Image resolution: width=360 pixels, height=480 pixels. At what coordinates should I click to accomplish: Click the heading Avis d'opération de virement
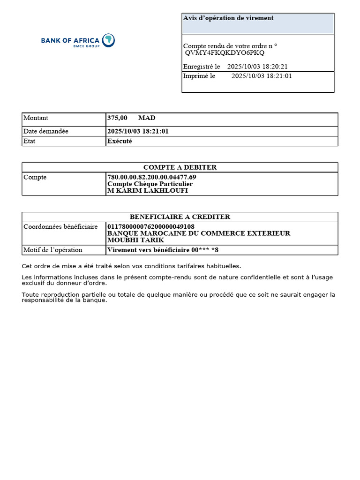click(x=228, y=18)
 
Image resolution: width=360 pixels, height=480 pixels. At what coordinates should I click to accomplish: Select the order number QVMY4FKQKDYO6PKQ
click(x=225, y=53)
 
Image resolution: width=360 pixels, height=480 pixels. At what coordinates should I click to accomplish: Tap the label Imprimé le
click(x=199, y=76)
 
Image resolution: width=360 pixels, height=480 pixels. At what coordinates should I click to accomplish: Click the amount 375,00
click(x=117, y=118)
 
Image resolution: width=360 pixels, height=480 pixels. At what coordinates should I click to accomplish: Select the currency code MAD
click(x=147, y=118)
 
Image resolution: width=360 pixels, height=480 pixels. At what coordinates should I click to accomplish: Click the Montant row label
click(x=36, y=118)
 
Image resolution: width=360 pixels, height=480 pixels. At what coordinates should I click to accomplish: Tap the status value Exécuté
click(x=120, y=141)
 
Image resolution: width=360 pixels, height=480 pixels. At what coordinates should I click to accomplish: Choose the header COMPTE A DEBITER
click(x=180, y=167)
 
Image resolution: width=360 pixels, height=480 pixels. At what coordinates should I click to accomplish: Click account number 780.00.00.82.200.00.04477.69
click(x=152, y=177)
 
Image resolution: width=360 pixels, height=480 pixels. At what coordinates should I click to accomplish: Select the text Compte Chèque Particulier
click(x=150, y=184)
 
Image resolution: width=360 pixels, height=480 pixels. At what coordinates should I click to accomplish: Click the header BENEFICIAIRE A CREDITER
click(x=180, y=217)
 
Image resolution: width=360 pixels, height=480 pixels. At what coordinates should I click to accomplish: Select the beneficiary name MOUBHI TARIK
click(x=136, y=240)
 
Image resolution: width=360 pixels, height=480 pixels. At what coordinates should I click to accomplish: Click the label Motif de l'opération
click(x=53, y=250)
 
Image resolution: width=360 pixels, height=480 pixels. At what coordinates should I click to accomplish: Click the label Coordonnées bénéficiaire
click(x=60, y=227)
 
